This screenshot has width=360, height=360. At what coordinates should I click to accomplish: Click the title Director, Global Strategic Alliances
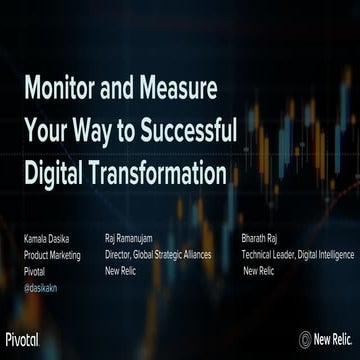click(157, 255)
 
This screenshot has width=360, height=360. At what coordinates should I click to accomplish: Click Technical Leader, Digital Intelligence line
click(297, 255)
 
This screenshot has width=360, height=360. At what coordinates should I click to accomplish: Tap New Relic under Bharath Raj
click(260, 269)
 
